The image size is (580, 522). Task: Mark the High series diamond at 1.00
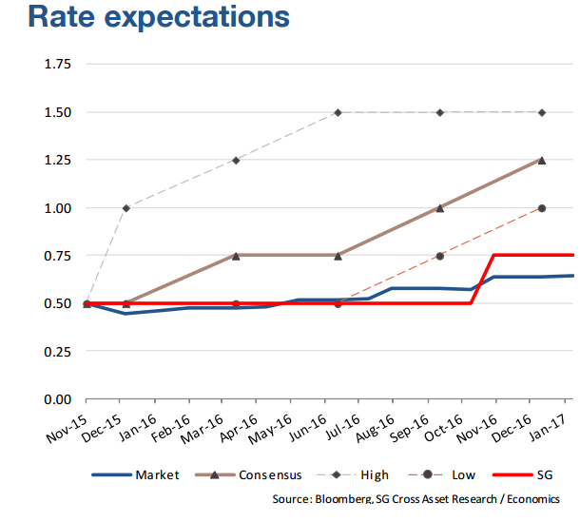click(x=126, y=208)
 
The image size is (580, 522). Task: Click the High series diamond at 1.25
click(x=235, y=161)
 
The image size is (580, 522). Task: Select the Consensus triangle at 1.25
click(x=542, y=161)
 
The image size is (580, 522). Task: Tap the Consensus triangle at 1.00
click(x=439, y=208)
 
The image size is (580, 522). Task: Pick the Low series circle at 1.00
click(x=542, y=208)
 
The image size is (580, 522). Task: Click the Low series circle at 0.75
click(x=439, y=256)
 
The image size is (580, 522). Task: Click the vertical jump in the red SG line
click(x=484, y=280)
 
